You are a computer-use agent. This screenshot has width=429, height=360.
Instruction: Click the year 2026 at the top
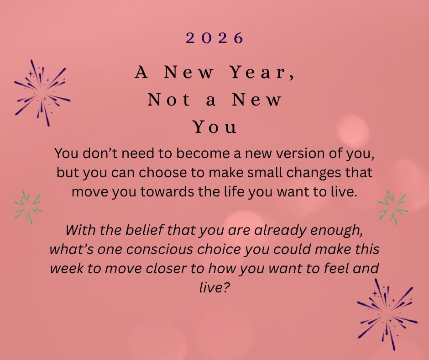click(x=214, y=38)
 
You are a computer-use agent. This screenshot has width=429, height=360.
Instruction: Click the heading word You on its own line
click(x=215, y=127)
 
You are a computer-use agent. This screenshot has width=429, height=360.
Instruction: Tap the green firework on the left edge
click(x=28, y=207)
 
